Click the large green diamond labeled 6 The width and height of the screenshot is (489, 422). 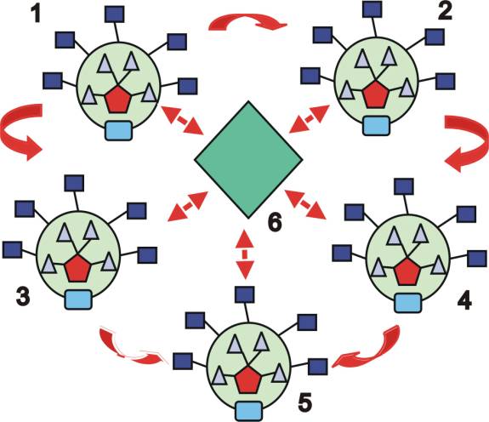click(x=248, y=159)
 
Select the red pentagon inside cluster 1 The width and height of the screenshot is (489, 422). click(x=117, y=100)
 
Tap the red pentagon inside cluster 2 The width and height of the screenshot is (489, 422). click(x=376, y=94)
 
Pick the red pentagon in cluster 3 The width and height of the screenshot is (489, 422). click(x=78, y=268)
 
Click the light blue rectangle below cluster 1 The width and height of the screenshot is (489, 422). click(x=118, y=130)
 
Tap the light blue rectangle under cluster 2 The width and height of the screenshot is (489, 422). click(x=377, y=125)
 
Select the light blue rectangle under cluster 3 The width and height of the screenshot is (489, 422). click(x=78, y=299)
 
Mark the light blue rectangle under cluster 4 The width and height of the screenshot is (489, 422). click(x=408, y=303)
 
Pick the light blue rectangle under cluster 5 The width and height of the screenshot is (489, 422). click(x=248, y=411)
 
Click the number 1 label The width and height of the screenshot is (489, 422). click(x=37, y=14)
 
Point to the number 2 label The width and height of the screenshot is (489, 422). click(x=445, y=12)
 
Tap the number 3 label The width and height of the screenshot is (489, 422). click(x=23, y=297)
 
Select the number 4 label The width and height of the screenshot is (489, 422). click(x=464, y=300)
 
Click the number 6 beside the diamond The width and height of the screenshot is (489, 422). click(x=275, y=222)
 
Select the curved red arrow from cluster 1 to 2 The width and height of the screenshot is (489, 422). click(x=247, y=21)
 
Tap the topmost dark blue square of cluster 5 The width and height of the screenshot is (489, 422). click(x=244, y=294)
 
